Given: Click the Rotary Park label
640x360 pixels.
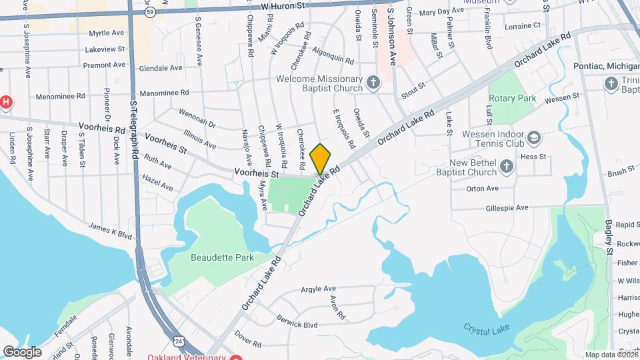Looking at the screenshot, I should (x=512, y=98).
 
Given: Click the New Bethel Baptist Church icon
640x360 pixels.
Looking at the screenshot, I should (x=507, y=166).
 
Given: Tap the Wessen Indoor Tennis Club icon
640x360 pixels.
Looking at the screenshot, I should (x=533, y=138).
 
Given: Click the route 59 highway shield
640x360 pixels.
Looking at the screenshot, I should (x=151, y=12).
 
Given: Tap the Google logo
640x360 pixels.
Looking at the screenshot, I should (x=22, y=351).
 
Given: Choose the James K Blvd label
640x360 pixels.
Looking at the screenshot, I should (x=111, y=231).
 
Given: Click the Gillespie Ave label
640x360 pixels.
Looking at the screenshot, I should (x=507, y=207).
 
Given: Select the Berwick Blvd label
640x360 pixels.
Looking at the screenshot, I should (x=297, y=321).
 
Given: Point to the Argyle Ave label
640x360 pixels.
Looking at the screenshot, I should (x=318, y=289).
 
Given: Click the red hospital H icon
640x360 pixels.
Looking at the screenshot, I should (x=6, y=102).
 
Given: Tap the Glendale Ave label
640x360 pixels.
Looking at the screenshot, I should (x=161, y=68).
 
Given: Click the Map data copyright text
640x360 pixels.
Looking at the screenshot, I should (x=611, y=354).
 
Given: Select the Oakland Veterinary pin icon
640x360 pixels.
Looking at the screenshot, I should (x=235, y=357).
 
